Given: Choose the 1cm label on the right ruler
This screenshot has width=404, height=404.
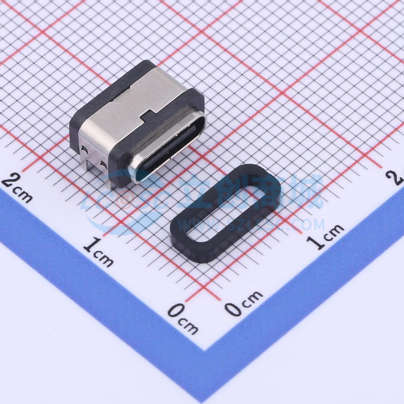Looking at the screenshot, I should click(x=325, y=237).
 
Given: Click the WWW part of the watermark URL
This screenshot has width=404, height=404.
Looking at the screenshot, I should click(x=195, y=224).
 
